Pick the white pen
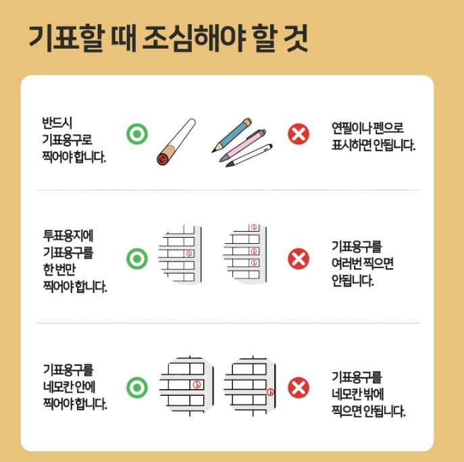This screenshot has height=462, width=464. [x=251, y=154]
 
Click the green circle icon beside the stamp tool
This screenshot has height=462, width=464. [x=137, y=134]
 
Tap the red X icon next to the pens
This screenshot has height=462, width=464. [x=298, y=134]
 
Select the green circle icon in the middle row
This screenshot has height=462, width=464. [x=137, y=259]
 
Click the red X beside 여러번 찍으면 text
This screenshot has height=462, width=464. [x=298, y=259]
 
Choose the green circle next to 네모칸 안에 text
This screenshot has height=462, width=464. [x=137, y=387]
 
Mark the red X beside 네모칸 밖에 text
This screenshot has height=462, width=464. [x=298, y=388]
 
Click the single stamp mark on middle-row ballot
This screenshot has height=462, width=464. [x=188, y=253]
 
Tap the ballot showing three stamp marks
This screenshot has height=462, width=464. [x=243, y=253]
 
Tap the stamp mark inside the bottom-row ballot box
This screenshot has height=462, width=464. [x=196, y=384]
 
